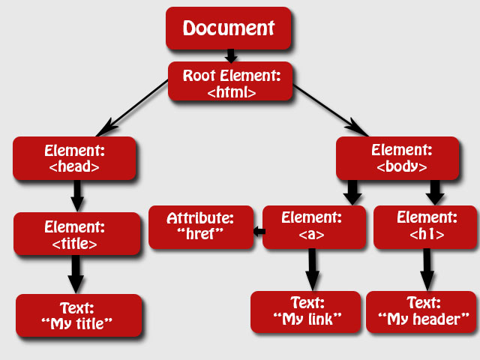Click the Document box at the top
click(x=229, y=28)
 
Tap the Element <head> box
click(x=74, y=158)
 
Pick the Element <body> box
click(x=397, y=158)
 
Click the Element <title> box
click(x=76, y=234)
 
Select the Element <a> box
click(x=313, y=227)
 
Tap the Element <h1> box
click(x=425, y=227)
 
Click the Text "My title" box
click(x=78, y=315)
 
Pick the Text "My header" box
click(x=421, y=312)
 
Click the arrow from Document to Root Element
click(x=230, y=56)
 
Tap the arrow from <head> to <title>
click(x=76, y=196)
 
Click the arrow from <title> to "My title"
click(x=75, y=274)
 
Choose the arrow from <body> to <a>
click(x=352, y=192)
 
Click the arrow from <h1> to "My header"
click(x=427, y=270)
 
